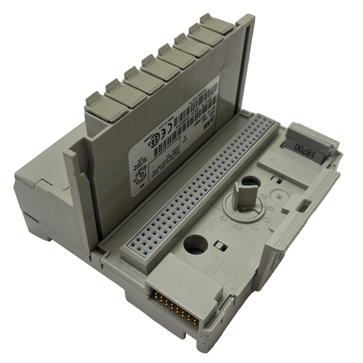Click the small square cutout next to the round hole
click(219, 243)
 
